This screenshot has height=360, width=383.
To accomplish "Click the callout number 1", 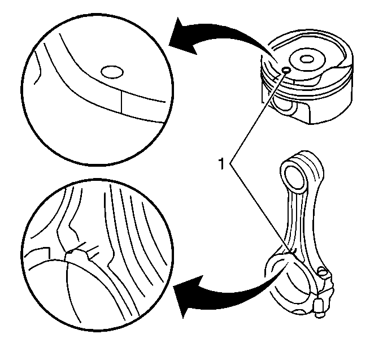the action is point(221,163).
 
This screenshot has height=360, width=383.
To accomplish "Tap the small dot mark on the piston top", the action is point(286,70).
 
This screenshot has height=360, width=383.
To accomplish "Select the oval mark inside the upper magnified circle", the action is point(112,72).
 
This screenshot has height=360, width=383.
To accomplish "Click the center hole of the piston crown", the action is point(307,59).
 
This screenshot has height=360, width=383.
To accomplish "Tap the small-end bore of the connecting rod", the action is point(295,176).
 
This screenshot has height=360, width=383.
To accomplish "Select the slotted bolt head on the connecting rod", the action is point(322,271).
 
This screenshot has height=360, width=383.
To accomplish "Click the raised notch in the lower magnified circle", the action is point(76,254).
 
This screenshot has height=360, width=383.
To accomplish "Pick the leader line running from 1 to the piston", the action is point(258,118).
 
